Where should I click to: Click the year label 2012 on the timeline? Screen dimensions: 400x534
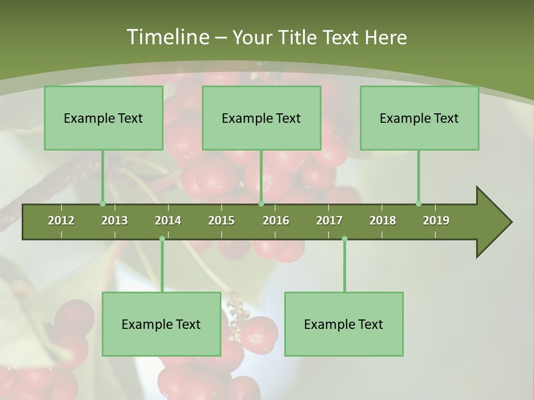pos(61,221)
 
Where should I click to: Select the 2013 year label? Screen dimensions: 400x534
pos(115,221)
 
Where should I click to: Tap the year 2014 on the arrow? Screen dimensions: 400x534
pos(168,221)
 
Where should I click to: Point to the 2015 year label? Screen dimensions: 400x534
pos(221,221)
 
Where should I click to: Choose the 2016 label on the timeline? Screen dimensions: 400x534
pos(276,221)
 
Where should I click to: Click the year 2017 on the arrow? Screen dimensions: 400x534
pos(329,221)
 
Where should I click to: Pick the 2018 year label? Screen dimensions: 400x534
pos(383,221)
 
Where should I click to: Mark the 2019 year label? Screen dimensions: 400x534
pos(436,221)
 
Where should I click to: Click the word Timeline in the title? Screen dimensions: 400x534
pos(167,37)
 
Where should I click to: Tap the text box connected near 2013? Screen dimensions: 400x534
pos(103,118)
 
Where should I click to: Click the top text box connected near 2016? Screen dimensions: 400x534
pos(261,118)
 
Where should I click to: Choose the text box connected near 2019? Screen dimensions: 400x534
pos(419,118)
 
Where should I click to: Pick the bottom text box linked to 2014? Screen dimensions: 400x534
pos(161,324)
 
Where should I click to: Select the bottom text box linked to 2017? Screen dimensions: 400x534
pos(344,324)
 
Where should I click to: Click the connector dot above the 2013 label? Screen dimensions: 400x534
pos(102,204)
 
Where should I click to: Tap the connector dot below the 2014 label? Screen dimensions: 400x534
pos(162,239)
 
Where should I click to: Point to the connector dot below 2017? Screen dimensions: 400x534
pos(344,239)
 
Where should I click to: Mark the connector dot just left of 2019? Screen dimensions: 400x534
pos(418,204)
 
